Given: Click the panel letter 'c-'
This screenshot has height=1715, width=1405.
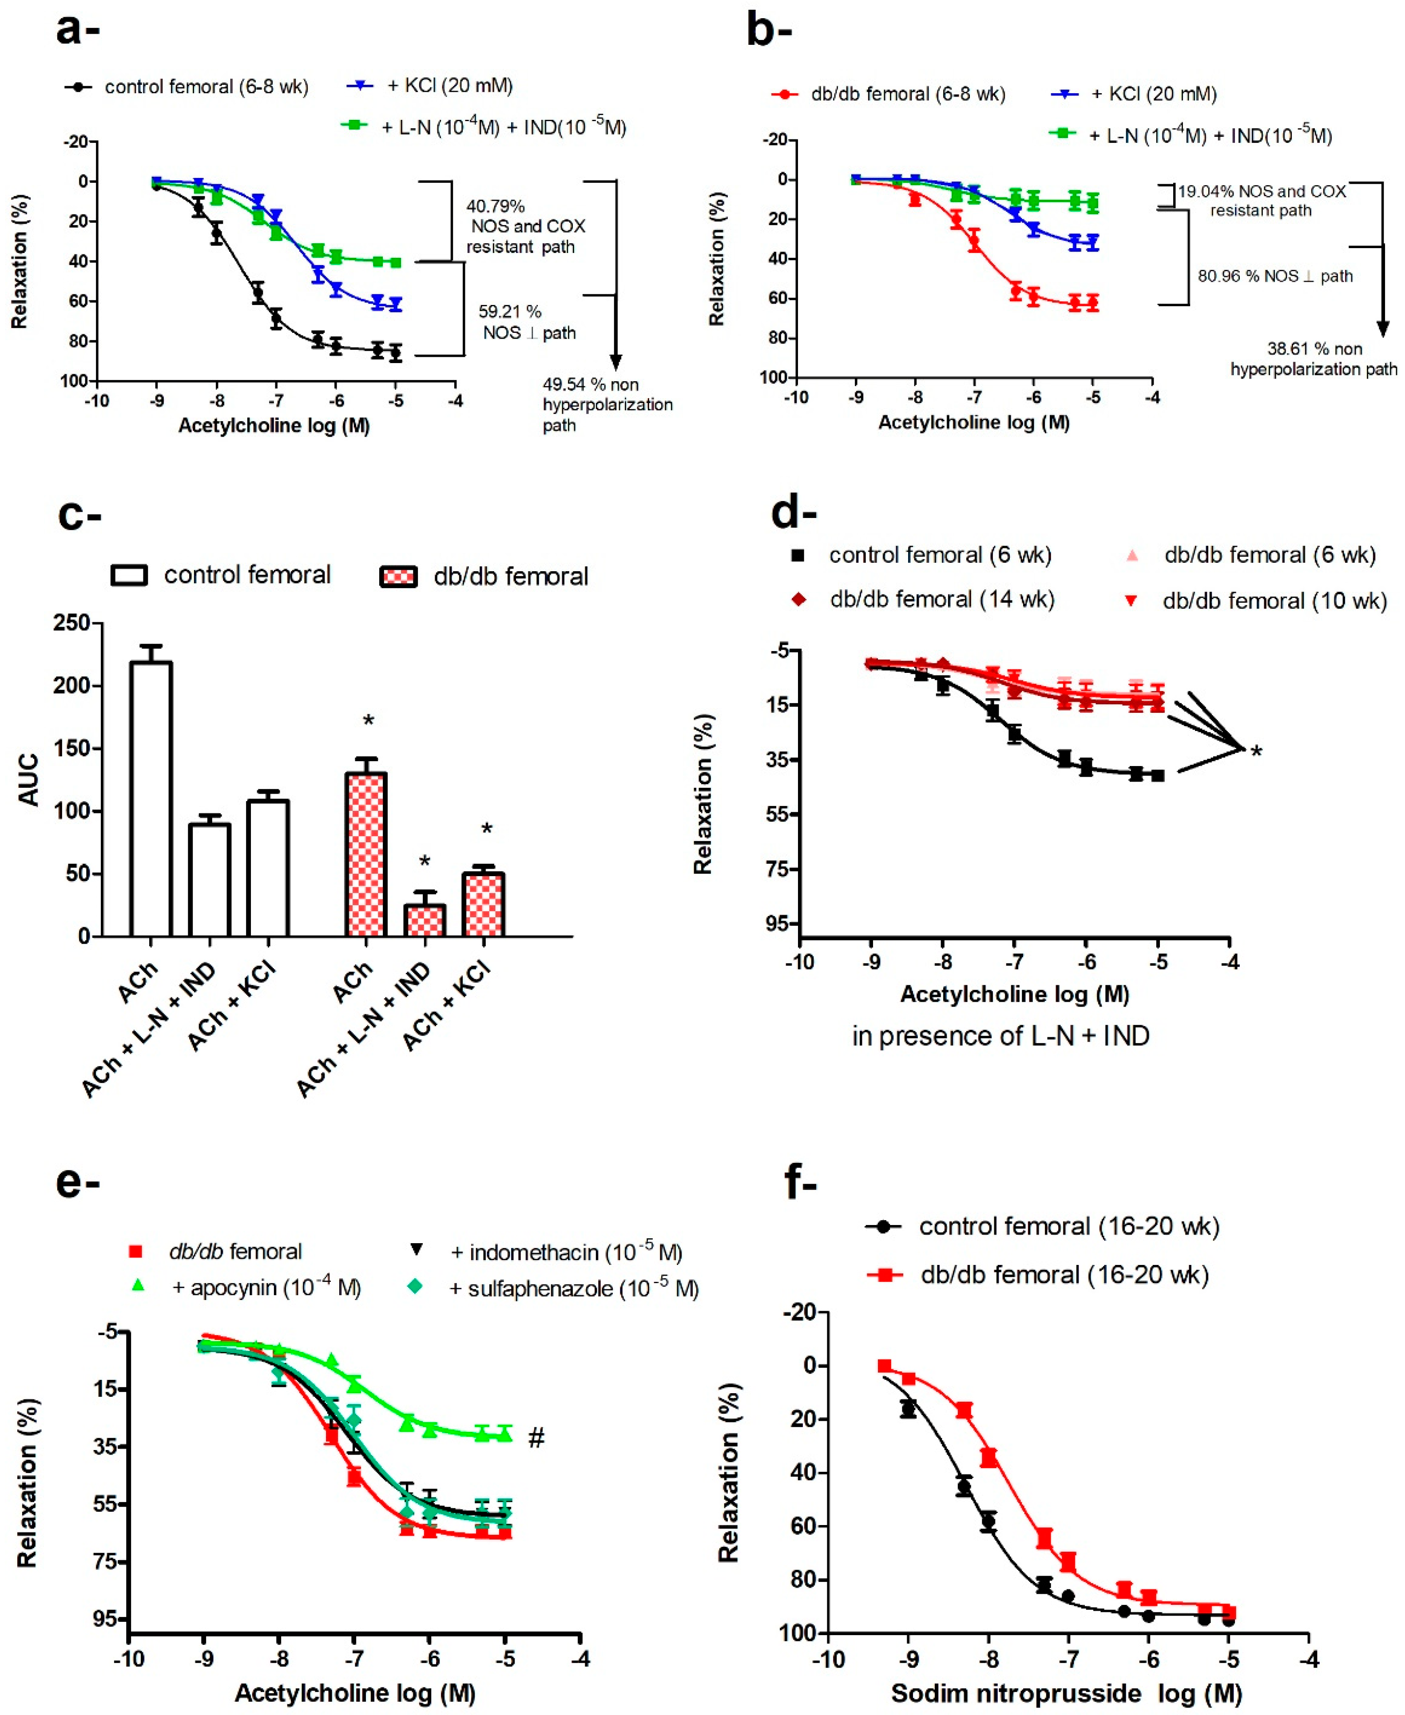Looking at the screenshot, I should click(x=79, y=515).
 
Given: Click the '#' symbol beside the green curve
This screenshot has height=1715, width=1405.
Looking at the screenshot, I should click(x=536, y=1438).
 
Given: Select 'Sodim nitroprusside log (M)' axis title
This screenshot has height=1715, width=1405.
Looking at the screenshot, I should click(x=1066, y=1693).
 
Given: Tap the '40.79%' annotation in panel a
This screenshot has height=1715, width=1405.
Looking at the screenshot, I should click(x=495, y=206).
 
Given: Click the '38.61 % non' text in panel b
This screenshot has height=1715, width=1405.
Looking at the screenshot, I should click(x=1314, y=349).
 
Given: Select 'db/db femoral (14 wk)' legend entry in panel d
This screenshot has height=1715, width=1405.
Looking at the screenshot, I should click(x=942, y=600).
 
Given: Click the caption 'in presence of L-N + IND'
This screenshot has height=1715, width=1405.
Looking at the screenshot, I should click(x=1000, y=1035).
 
